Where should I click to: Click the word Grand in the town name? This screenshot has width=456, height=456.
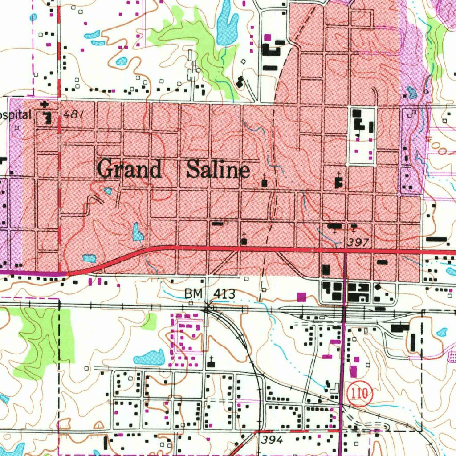129,170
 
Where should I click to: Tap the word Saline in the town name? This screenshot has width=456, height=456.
218,170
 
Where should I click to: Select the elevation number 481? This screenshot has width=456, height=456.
73,114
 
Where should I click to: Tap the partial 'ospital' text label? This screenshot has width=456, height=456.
16,115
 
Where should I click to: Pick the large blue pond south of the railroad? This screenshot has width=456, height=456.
150,358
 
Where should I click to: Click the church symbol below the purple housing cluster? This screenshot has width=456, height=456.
211,363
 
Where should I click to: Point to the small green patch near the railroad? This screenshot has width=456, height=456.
150,320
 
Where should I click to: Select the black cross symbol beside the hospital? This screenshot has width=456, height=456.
44,105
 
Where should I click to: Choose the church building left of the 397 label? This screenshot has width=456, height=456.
334,227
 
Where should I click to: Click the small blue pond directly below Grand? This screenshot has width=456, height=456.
108,191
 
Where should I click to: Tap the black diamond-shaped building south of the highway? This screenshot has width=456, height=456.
378,288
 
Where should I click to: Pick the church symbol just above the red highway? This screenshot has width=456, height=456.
244,240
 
